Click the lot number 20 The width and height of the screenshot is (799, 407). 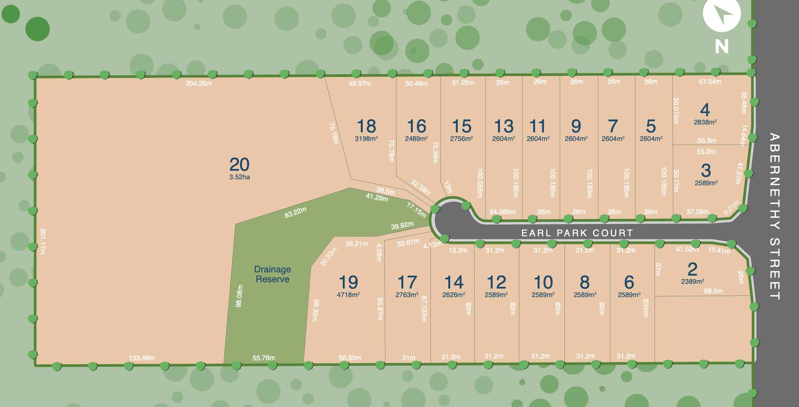click(239, 165)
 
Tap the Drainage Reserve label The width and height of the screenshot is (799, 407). click(272, 274)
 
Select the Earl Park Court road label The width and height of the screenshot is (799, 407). click(577, 233)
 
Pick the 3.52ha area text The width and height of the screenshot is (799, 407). click(240, 177)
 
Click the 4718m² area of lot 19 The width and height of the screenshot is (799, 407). click(348, 295)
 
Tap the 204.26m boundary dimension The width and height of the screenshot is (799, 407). click(199, 84)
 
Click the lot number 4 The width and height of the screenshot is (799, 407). click(705, 110)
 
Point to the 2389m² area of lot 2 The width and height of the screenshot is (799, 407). click(693, 281)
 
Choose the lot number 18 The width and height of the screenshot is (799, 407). click(366, 126)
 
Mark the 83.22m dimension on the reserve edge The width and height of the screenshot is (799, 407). click(295, 213)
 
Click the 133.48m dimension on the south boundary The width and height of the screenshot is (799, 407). click(142, 358)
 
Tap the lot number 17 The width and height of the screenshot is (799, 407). click(407, 282)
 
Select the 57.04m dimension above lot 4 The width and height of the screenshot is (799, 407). click(710, 82)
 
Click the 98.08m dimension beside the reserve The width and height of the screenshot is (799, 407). click(239, 296)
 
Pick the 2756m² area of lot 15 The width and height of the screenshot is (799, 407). click(462, 139)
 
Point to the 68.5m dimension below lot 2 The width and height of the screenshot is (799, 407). click(713, 291)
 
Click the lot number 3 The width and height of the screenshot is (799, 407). click(706, 170)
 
